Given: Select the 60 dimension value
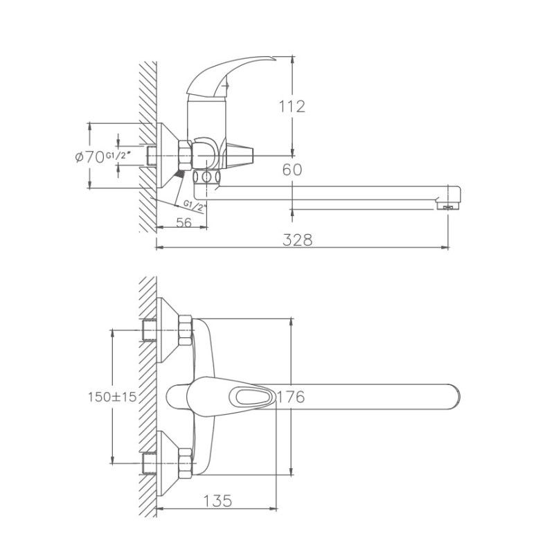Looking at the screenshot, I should point(292,170).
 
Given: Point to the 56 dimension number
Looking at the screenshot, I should point(184,222).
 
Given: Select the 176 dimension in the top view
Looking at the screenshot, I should point(290,397).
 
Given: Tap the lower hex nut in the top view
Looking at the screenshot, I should point(185,463).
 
